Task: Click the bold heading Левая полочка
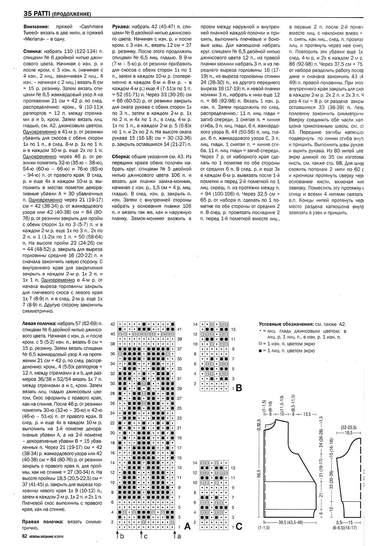coord(40,324)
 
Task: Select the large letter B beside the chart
coord(239,389)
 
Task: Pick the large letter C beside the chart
coord(239,526)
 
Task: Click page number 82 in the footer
coord(25,537)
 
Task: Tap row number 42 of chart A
coord(113,324)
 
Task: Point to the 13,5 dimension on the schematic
coord(307,414)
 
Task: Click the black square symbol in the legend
coord(261,351)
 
